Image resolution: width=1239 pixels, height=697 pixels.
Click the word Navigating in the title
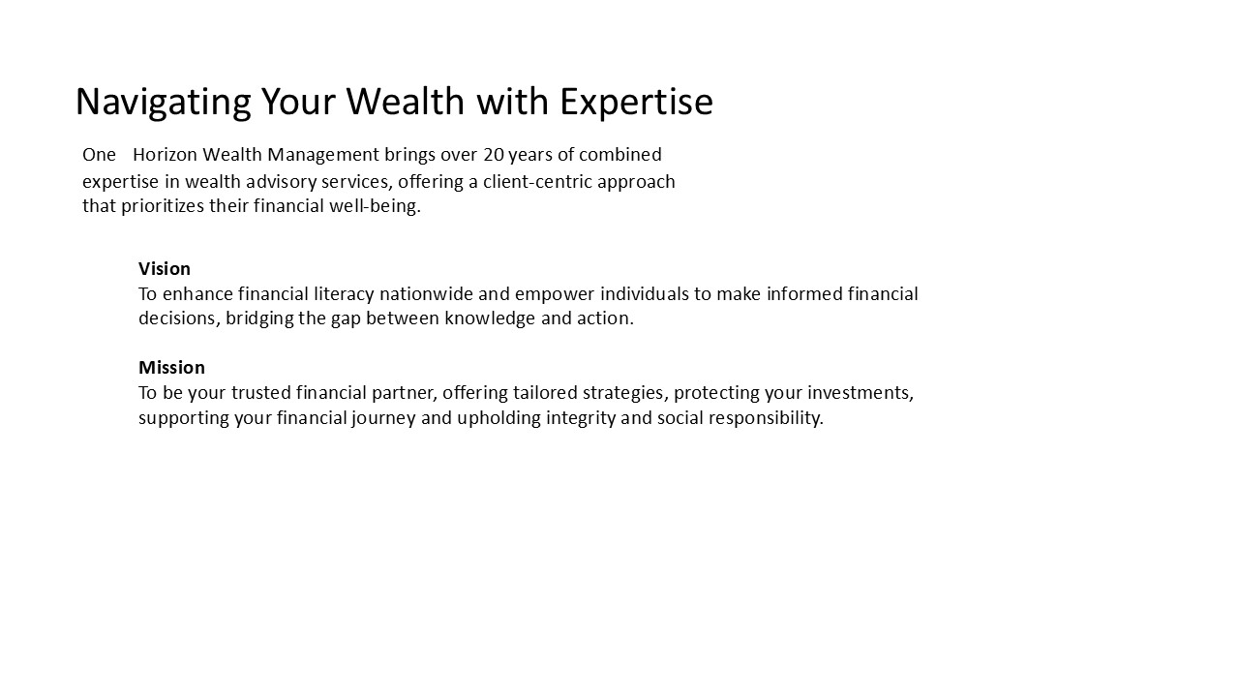[x=164, y=103]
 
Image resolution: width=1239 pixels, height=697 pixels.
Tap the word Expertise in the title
[x=636, y=103]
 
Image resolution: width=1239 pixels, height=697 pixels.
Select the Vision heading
[x=165, y=269]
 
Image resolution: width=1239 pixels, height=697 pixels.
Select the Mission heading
[x=171, y=367]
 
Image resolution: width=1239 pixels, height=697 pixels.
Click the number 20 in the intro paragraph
[x=494, y=154]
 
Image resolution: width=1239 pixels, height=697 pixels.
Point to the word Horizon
[x=165, y=154]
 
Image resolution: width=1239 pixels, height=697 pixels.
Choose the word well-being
[x=375, y=207]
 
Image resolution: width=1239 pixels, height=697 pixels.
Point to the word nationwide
[x=426, y=293]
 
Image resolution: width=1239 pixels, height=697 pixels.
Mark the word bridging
[x=259, y=319]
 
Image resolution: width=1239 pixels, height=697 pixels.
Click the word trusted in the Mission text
[x=261, y=393]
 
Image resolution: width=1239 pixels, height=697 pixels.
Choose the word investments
[x=861, y=393]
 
